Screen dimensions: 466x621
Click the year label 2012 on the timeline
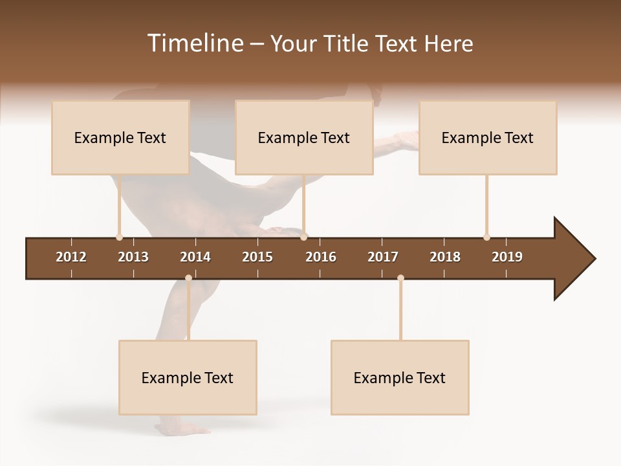click(x=71, y=257)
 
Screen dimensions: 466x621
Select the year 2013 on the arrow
click(x=133, y=257)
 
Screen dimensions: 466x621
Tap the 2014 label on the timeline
click(x=195, y=257)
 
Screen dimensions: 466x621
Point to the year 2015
click(x=257, y=257)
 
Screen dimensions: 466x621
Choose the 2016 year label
click(x=321, y=257)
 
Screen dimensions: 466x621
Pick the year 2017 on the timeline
click(x=383, y=257)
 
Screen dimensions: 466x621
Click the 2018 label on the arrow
click(x=445, y=257)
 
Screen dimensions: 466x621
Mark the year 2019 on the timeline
click(x=507, y=257)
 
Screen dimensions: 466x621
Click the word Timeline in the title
click(x=194, y=43)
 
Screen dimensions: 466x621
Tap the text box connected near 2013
click(x=120, y=138)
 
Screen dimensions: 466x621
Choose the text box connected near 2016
click(x=304, y=138)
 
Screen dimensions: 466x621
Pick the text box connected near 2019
click(x=488, y=138)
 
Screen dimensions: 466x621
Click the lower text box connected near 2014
click(x=188, y=378)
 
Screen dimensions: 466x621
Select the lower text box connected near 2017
click(x=400, y=378)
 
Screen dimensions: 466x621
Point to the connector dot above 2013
click(x=119, y=238)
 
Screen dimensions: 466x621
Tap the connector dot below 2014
click(x=188, y=278)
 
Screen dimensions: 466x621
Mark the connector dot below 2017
click(x=400, y=278)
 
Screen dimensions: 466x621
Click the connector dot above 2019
click(x=486, y=238)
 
